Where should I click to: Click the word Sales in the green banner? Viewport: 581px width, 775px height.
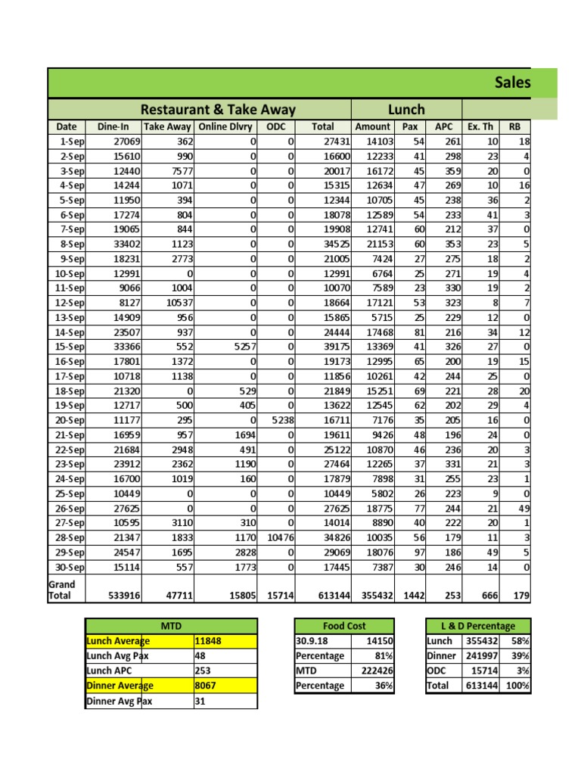click(x=512, y=82)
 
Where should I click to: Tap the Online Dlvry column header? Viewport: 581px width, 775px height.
click(x=225, y=127)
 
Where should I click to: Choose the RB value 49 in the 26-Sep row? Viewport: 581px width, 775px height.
click(x=524, y=508)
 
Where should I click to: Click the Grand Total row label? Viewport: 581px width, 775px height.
click(x=62, y=590)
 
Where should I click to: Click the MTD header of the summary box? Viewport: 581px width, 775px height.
click(x=171, y=626)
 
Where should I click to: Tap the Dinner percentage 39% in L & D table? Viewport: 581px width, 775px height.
click(x=519, y=656)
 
